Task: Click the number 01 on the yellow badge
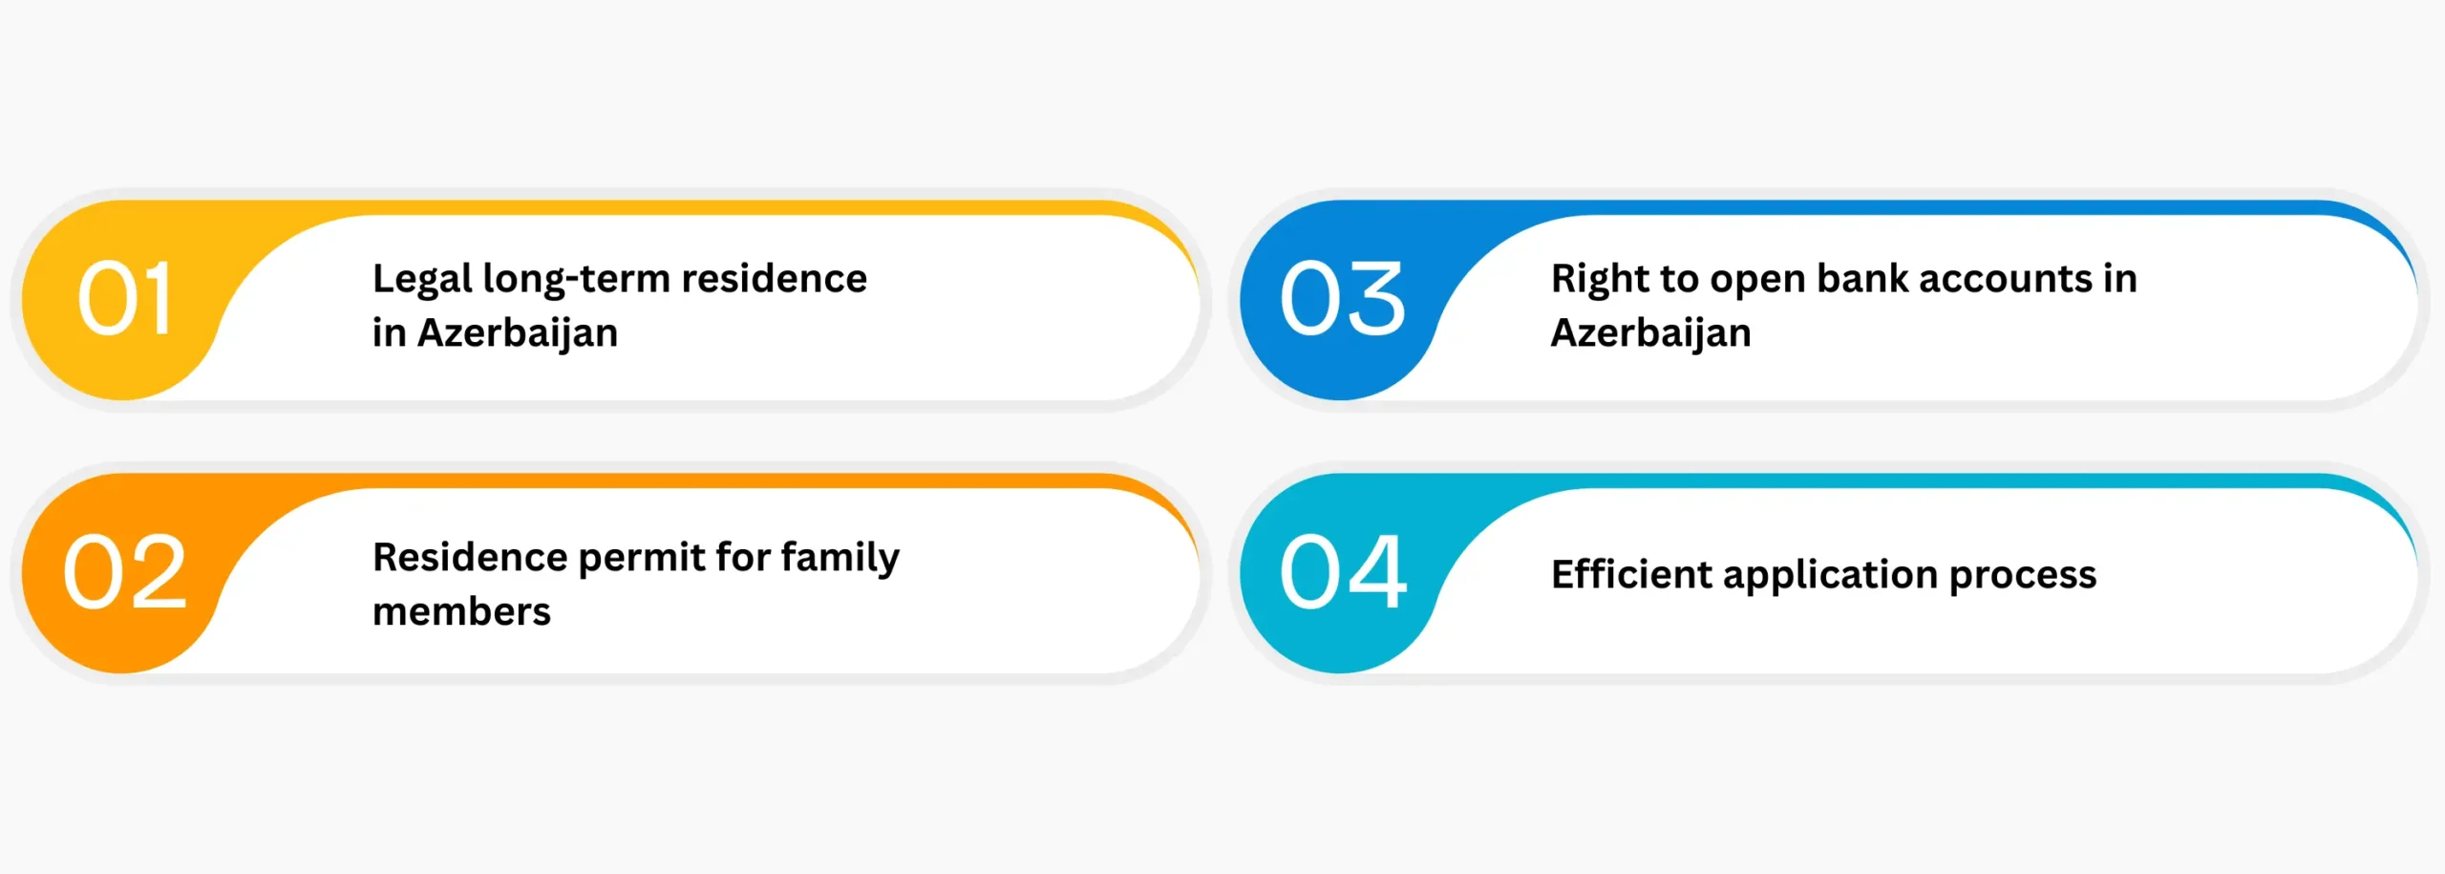pos(124,298)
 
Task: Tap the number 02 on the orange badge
pos(124,572)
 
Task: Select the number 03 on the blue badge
pos(1342,298)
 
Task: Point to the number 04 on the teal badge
pos(1343,572)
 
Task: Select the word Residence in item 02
pos(470,557)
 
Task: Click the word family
pos(840,559)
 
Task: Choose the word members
pos(461,611)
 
